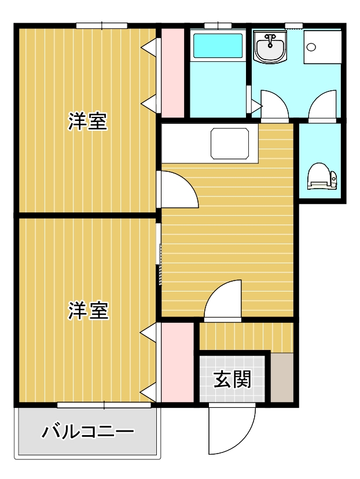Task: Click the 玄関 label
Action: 232,379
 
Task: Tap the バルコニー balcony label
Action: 88,432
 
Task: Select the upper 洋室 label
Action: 88,121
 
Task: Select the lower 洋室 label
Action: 89,311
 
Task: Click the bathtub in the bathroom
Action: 218,46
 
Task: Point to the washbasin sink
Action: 270,47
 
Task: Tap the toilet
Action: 322,176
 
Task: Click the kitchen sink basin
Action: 230,143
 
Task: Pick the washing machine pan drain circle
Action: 311,47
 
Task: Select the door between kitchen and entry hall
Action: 223,300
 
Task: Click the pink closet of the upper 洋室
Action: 172,73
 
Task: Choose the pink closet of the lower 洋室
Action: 178,362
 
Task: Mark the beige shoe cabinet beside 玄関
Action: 282,378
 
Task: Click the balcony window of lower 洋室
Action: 104,405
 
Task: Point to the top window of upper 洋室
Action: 102,25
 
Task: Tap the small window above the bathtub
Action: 218,25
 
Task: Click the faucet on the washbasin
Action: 270,40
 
